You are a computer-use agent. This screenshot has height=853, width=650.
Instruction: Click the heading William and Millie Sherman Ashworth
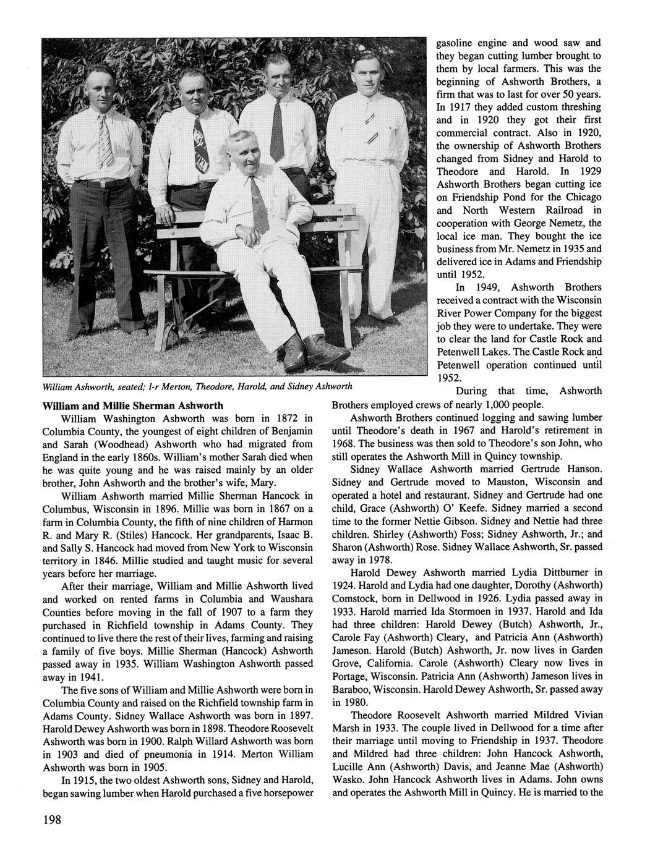[x=132, y=406]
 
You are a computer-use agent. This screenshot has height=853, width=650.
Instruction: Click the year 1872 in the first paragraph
[x=270, y=418]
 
